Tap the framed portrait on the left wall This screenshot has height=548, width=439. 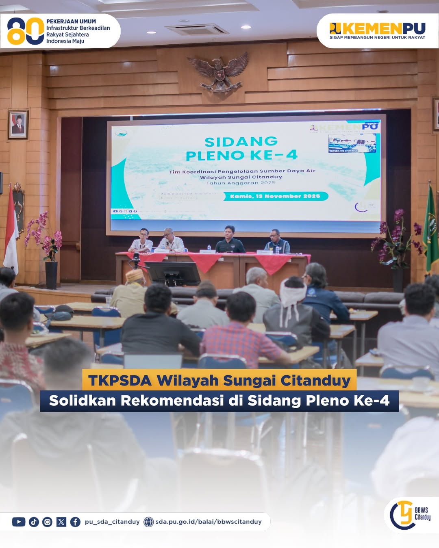click(18, 124)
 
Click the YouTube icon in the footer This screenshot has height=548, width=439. click(19, 522)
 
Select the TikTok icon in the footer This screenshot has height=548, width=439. click(34, 522)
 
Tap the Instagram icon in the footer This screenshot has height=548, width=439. click(48, 522)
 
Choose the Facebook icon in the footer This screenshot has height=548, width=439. click(75, 522)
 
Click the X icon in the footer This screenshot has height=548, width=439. click(61, 522)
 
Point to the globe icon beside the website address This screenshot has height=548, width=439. click(149, 522)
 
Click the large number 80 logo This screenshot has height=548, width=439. click(25, 31)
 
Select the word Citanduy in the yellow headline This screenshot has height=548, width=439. click(315, 381)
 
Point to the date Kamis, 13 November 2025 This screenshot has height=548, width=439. click(275, 196)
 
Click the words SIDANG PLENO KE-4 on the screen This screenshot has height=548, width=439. click(241, 148)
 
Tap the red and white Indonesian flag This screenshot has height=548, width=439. click(11, 232)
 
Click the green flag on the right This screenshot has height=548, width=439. click(431, 227)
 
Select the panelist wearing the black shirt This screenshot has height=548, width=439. click(230, 241)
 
